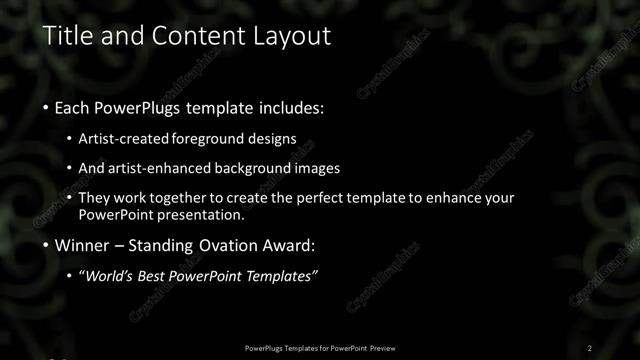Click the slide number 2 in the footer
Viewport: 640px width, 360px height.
590,347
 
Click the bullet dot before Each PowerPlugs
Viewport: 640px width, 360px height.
47,107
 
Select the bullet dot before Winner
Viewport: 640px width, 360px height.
47,245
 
